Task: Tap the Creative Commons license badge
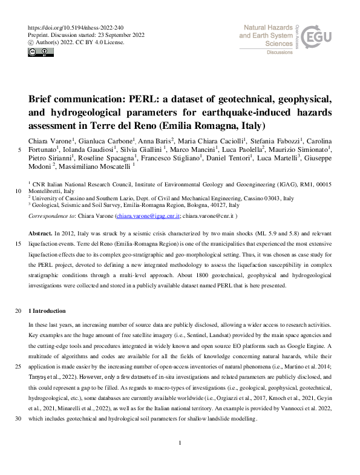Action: [x=38, y=53]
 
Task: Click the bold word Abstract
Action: [x=40, y=233]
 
